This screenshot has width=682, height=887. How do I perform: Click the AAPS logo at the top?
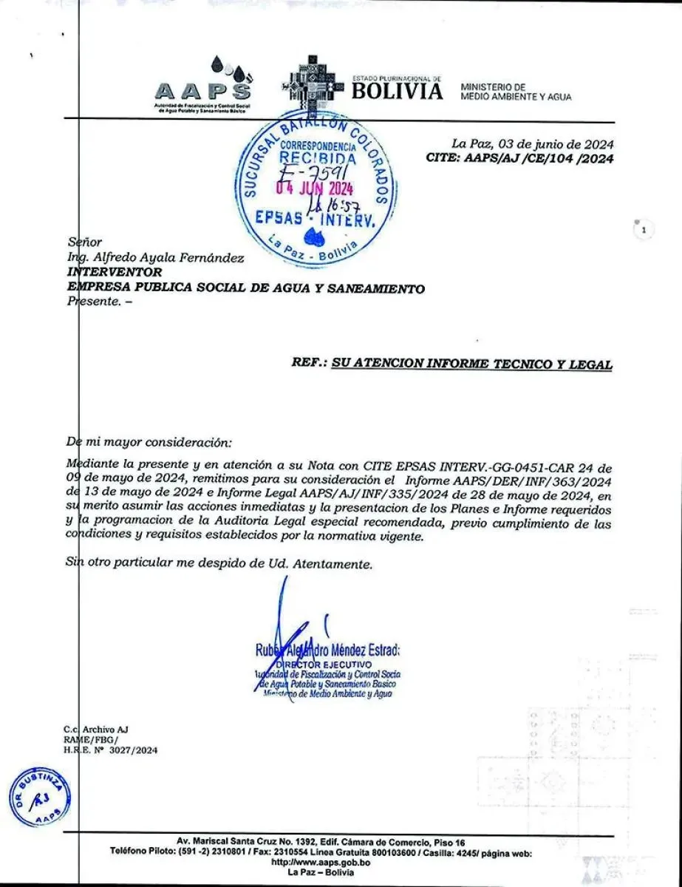coord(202,84)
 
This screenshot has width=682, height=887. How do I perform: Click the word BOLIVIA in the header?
coord(398,91)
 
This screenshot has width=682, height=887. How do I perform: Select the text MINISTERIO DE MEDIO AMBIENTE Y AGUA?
coord(515,92)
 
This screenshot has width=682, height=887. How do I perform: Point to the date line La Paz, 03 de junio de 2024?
coord(532,144)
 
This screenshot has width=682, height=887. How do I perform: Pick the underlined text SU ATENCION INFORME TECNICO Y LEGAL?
coord(471,364)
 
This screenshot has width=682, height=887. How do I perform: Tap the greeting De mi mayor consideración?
coord(149,442)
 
